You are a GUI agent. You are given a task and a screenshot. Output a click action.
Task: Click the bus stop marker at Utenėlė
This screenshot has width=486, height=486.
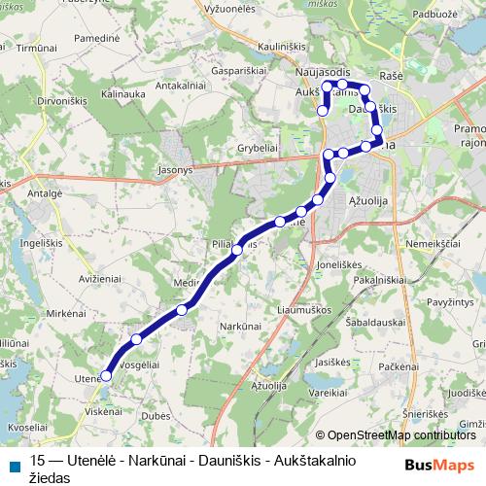[106, 375]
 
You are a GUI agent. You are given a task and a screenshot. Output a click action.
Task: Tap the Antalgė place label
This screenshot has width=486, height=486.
[45, 193]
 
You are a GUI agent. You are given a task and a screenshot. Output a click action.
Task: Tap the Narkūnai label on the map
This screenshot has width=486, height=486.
[241, 326]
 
